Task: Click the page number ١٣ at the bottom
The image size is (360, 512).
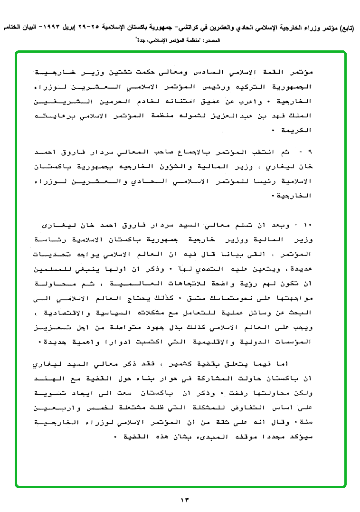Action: [184, 499]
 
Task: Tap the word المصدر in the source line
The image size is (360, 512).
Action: [217, 41]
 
